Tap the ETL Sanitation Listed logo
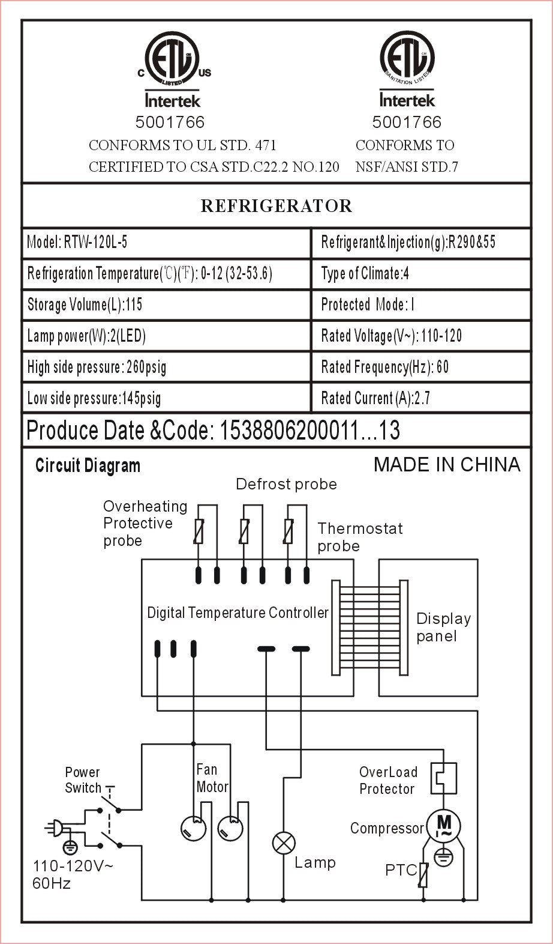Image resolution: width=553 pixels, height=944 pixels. [407, 59]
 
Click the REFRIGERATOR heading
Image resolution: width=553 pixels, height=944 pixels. [276, 206]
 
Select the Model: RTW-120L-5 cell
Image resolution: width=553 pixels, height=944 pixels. [166, 243]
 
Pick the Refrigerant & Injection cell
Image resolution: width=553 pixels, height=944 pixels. [420, 243]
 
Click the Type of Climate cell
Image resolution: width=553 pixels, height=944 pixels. [420, 274]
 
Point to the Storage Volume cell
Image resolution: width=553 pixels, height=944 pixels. [166, 305]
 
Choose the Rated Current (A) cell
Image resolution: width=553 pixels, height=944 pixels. [420, 398]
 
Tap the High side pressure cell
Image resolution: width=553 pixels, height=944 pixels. [166, 367]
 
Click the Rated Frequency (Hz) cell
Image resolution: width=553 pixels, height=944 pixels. [420, 367]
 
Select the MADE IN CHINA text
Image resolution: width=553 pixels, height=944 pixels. [447, 464]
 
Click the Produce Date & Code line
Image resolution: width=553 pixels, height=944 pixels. [214, 431]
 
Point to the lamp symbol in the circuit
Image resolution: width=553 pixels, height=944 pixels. [284, 843]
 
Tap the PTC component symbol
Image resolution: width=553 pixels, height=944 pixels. [423, 875]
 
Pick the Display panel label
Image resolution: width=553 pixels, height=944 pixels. [443, 628]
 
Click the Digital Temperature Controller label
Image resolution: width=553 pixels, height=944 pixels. [238, 613]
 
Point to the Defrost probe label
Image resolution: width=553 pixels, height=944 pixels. [286, 484]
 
